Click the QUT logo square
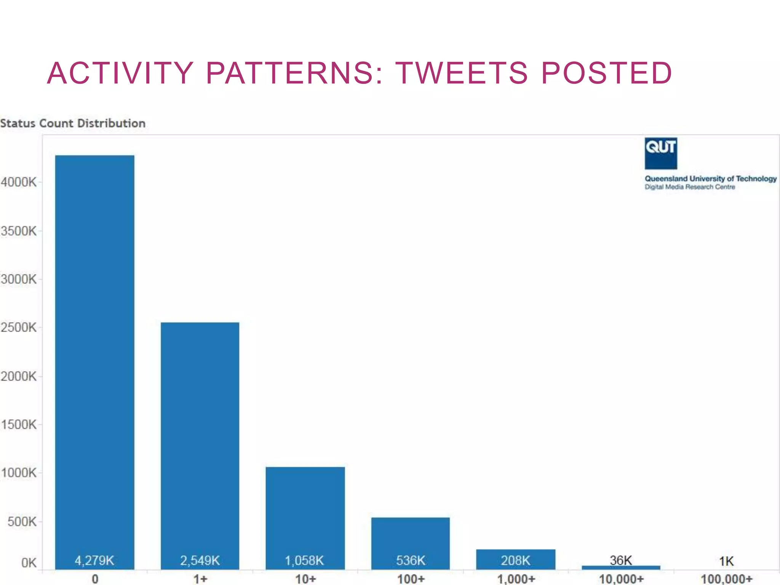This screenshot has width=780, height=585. (x=660, y=153)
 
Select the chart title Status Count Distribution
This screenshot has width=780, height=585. (x=73, y=123)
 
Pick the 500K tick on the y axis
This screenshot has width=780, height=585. (x=22, y=521)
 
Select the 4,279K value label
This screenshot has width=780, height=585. (x=94, y=560)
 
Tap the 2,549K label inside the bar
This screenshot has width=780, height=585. (x=200, y=560)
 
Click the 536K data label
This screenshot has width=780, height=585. (x=411, y=560)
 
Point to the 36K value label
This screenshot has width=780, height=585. (x=621, y=560)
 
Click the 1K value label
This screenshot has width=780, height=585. (x=726, y=561)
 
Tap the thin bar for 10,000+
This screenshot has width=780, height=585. (x=621, y=567)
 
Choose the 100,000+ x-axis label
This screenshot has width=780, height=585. (x=727, y=579)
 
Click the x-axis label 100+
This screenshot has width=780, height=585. (x=411, y=579)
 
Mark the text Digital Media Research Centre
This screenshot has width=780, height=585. (x=689, y=187)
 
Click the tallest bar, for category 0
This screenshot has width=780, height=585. (x=94, y=343)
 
